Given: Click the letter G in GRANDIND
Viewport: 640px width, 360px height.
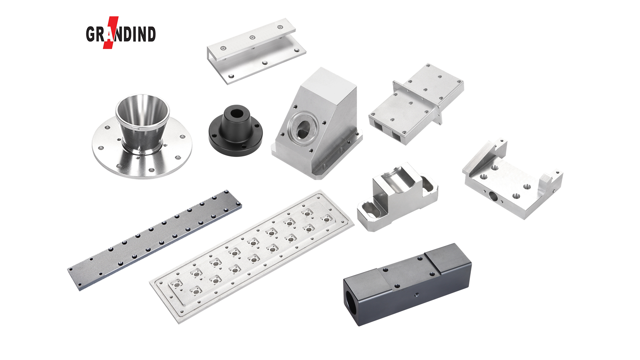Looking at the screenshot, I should [x=91, y=34].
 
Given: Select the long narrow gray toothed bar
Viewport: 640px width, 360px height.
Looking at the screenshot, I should [x=154, y=240].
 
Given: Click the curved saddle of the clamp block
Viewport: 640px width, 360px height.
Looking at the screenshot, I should [x=395, y=180].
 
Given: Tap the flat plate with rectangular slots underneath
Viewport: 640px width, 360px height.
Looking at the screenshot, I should [x=416, y=104].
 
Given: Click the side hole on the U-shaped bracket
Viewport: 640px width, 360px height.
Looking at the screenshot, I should [x=493, y=197].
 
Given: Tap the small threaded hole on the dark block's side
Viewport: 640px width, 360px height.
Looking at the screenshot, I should [x=417, y=295].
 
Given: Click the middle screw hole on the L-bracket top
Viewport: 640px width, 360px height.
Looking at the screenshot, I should [x=252, y=37].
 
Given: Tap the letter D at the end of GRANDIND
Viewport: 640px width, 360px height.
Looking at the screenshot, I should [x=151, y=34].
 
